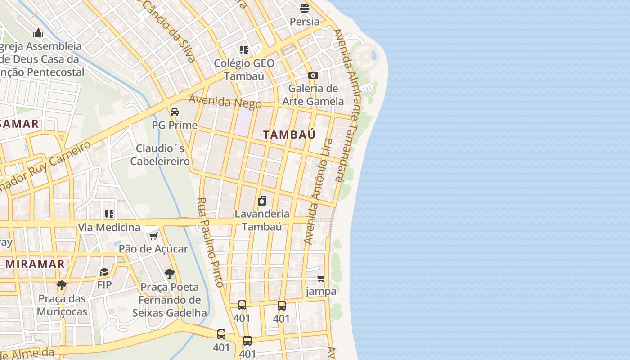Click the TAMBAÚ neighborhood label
(289, 135)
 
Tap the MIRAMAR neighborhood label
(35, 264)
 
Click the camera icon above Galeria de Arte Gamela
(313, 75)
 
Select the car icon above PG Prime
(175, 112)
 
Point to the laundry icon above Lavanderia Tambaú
(262, 201)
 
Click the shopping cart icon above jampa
(321, 278)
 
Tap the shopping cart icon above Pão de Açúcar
(153, 236)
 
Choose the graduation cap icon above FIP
(104, 272)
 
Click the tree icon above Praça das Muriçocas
(62, 285)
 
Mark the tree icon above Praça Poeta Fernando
(170, 273)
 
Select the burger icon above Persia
(305, 8)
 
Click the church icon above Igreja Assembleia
(38, 33)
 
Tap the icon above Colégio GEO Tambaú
(244, 49)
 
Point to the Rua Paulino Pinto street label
(210, 243)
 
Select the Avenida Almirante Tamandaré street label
(346, 106)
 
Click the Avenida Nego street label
(225, 102)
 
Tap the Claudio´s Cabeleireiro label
(160, 154)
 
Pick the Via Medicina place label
(109, 227)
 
